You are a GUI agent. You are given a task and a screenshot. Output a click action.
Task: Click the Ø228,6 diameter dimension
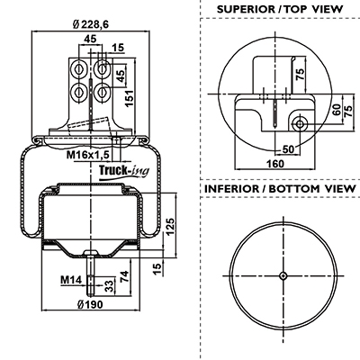click(91, 25)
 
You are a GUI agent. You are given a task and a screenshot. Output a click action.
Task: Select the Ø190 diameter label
click(90, 304)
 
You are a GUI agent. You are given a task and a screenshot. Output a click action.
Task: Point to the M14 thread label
click(71, 280)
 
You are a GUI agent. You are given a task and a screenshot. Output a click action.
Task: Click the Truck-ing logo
click(124, 172)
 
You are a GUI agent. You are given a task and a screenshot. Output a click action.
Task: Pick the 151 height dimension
click(130, 98)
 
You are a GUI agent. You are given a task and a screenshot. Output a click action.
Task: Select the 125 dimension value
click(170, 227)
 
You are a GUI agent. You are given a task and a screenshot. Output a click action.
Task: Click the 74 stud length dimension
click(124, 276)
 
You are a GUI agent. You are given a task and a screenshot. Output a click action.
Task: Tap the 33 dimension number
click(110, 286)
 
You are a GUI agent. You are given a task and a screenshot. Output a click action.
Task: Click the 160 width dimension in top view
click(275, 164)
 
